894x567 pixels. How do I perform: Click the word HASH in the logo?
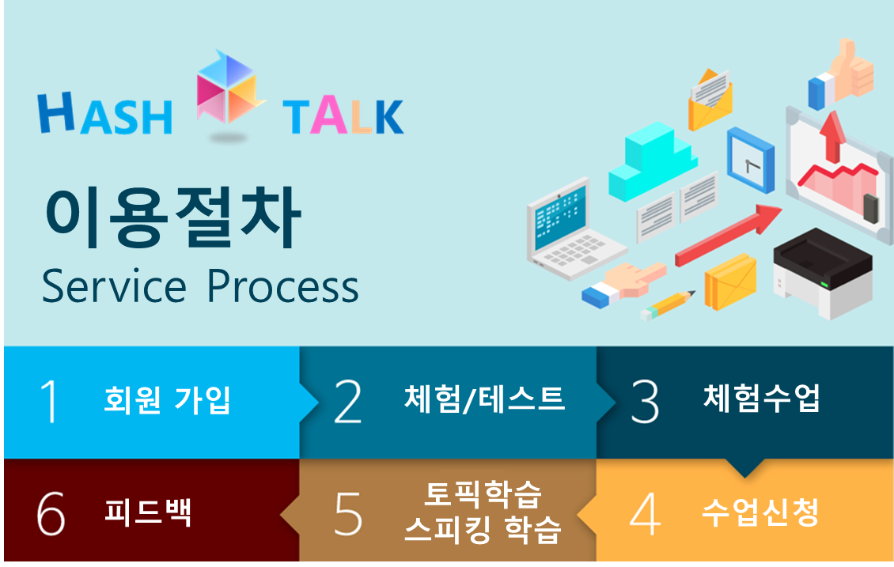[105, 113]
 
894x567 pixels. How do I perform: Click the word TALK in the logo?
[343, 116]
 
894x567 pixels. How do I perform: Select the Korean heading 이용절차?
[173, 218]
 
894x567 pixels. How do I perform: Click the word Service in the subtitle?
[114, 285]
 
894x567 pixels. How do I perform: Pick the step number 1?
[49, 401]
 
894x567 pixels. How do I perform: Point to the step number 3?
[645, 401]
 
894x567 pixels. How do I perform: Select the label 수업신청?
[760, 512]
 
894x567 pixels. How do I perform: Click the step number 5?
[348, 514]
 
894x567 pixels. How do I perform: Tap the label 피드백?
[148, 512]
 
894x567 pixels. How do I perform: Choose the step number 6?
[51, 514]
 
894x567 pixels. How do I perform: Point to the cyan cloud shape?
[653, 161]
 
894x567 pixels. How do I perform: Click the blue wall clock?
[750, 160]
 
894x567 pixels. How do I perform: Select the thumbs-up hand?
[840, 73]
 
